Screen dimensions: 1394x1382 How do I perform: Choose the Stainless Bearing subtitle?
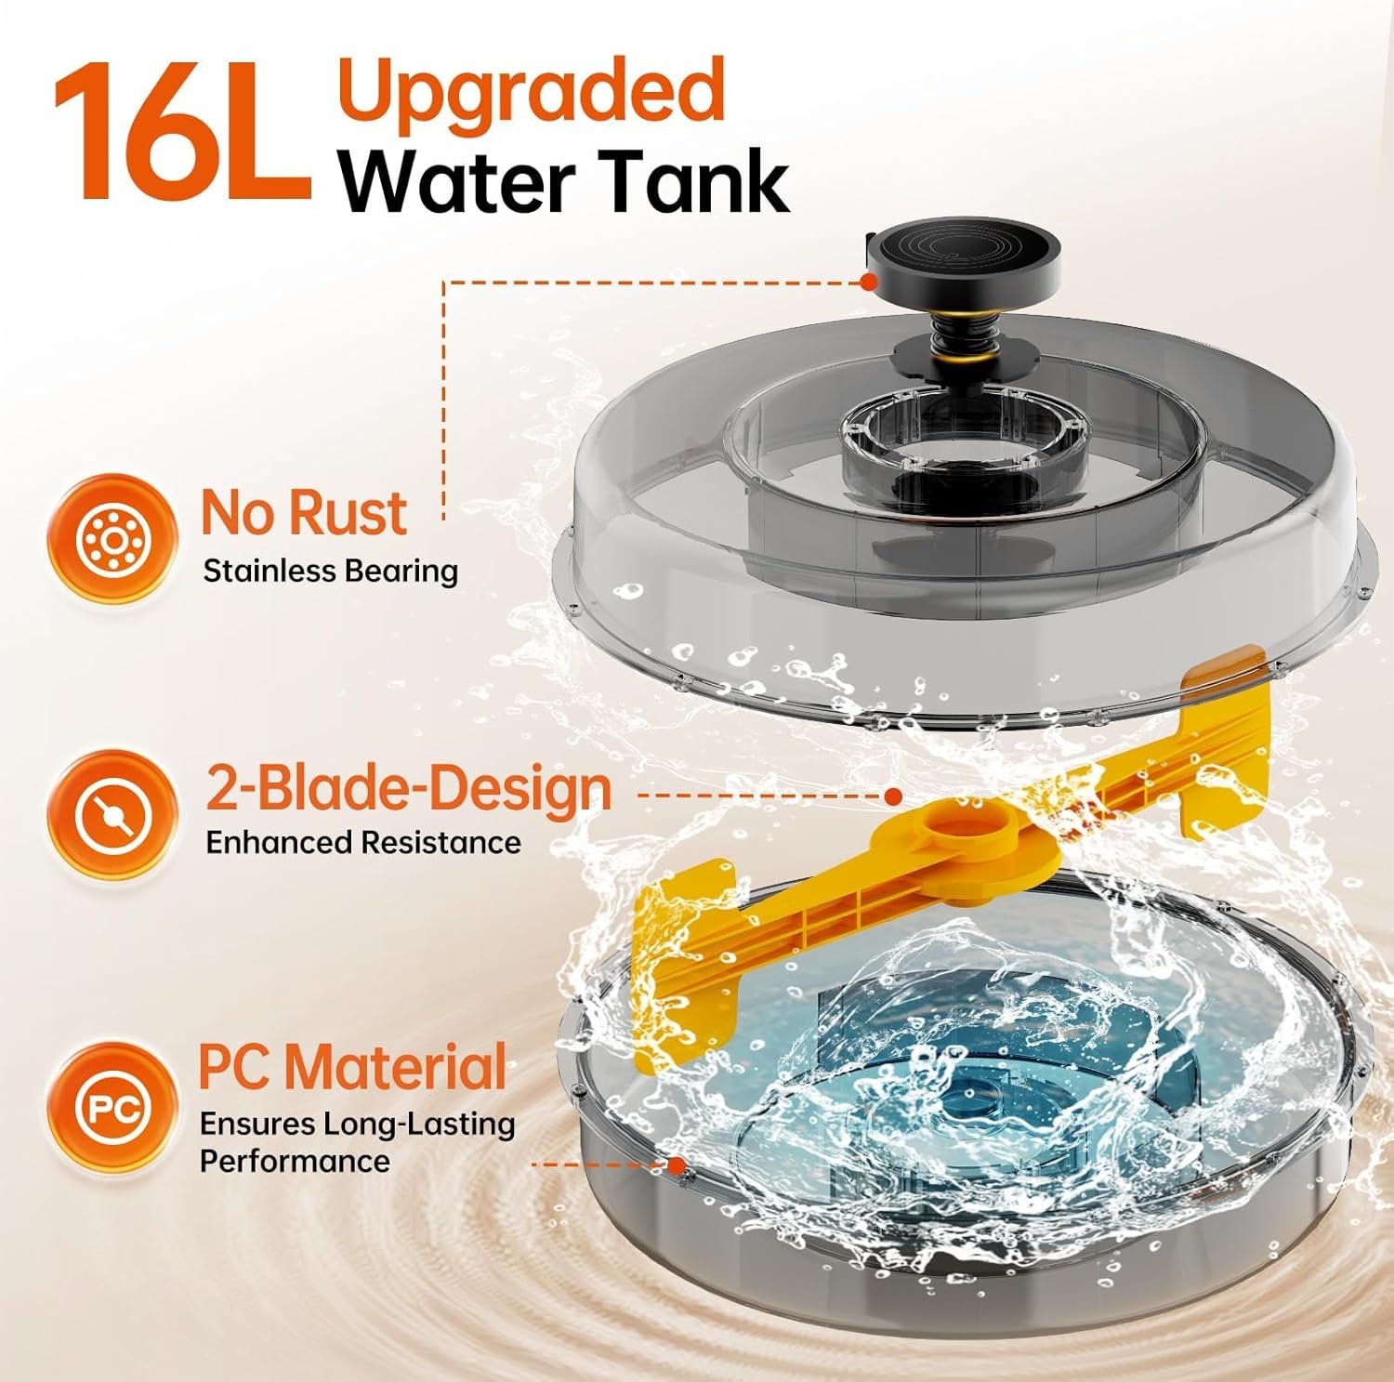[331, 571]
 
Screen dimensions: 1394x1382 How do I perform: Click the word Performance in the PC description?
[295, 1161]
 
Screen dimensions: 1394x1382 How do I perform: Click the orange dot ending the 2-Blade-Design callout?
[893, 796]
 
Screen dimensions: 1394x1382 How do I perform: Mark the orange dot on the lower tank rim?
[677, 1164]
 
